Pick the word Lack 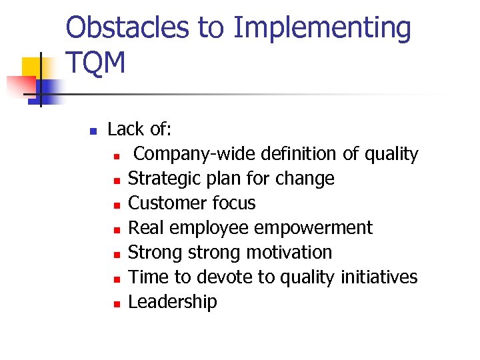(x=125, y=129)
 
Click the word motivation (x=289, y=253)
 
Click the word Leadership (x=173, y=302)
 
